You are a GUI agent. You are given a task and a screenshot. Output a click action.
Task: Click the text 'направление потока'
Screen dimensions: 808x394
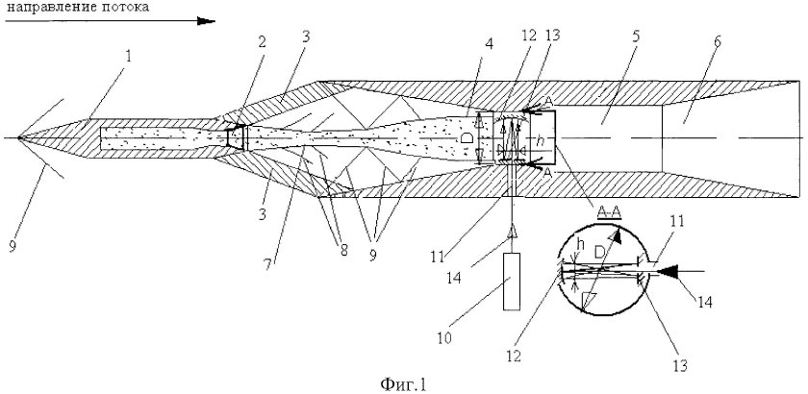[x=76, y=7]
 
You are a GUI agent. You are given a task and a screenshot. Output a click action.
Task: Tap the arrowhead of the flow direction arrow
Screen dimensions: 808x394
[x=206, y=21]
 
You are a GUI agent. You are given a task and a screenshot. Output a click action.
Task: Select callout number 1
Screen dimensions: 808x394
[x=129, y=56]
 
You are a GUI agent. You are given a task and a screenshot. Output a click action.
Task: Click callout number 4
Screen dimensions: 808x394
[x=489, y=44]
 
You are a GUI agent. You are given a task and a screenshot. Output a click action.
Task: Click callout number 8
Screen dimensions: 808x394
[x=343, y=250]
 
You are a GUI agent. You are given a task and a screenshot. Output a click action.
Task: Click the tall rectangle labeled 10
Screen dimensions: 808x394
[x=512, y=282]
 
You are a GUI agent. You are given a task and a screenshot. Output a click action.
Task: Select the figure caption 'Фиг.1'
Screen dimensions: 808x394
[x=404, y=383]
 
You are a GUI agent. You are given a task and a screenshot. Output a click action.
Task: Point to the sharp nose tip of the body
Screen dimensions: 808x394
[x=18, y=138]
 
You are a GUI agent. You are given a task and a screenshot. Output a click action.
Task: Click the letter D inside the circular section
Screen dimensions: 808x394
[x=600, y=252]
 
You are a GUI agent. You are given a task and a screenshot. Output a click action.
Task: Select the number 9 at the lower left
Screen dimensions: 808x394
[x=13, y=247]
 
